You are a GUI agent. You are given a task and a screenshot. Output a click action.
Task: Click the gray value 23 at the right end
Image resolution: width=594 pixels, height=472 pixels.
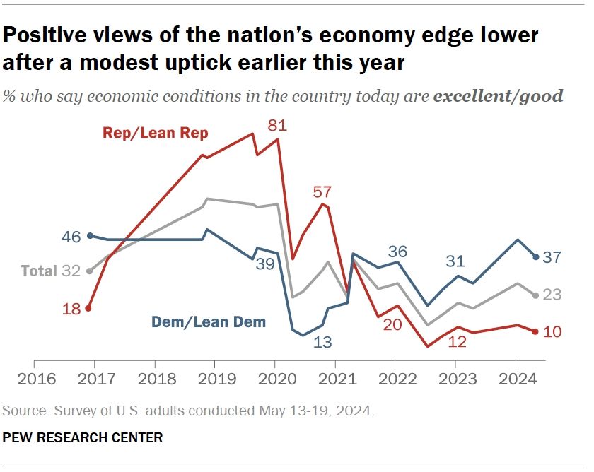[x=552, y=295]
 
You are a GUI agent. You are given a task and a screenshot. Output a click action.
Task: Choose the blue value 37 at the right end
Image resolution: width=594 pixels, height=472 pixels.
[x=552, y=257]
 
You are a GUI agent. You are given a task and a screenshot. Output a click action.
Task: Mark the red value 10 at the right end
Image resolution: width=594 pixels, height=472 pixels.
[x=552, y=331]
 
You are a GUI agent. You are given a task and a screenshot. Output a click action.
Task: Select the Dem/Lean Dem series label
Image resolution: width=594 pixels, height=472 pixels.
[x=209, y=322]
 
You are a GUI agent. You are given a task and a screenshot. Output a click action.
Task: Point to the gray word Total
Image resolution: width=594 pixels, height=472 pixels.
[x=38, y=271]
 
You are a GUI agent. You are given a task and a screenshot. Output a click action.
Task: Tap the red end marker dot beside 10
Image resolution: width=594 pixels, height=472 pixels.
[x=535, y=331]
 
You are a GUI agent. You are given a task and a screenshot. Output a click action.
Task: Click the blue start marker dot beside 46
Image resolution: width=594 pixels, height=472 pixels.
[x=90, y=236]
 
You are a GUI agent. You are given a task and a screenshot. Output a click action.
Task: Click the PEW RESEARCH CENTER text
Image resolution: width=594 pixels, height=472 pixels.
[x=83, y=438]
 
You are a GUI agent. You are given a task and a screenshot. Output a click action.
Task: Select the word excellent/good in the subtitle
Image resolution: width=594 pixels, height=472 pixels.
[x=498, y=96]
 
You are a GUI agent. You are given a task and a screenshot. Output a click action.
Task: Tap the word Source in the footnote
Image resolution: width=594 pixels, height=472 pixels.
[x=21, y=411]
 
